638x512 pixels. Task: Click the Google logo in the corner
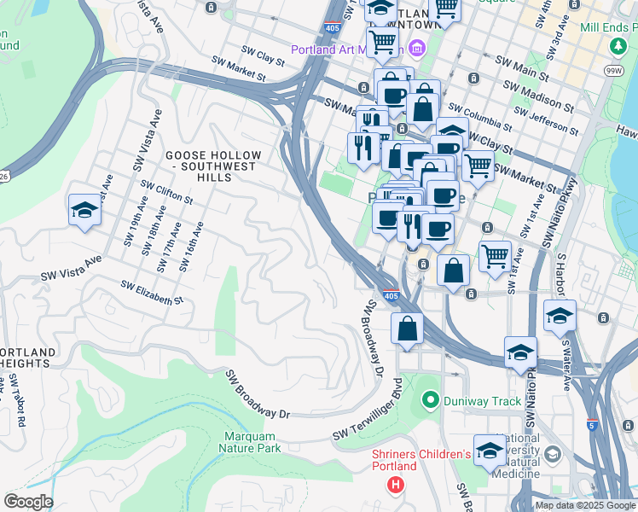click(x=28, y=502)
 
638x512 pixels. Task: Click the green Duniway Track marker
click(x=431, y=399)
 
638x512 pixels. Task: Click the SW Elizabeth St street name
click(x=152, y=293)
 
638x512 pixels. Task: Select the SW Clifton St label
click(x=167, y=191)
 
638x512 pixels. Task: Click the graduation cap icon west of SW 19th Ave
click(x=84, y=211)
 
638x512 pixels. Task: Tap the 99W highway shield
click(x=612, y=70)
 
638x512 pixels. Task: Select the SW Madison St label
click(x=537, y=96)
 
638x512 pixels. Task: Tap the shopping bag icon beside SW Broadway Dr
click(x=408, y=329)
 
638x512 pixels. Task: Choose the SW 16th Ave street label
click(x=191, y=247)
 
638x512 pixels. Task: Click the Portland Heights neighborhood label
click(x=28, y=358)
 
